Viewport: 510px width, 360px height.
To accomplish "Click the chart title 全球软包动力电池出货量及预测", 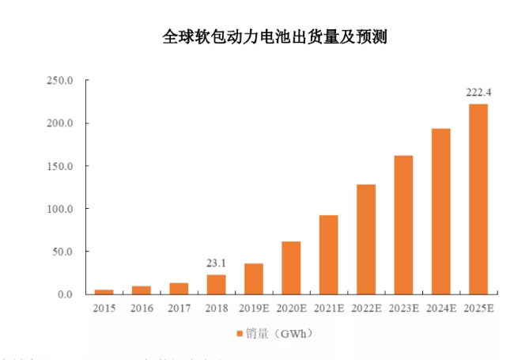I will point(274,37).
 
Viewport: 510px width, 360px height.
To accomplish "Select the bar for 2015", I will point(104,292).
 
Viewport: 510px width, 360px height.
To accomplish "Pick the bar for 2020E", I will point(291,268).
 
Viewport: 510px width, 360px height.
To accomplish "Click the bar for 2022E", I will point(366,240).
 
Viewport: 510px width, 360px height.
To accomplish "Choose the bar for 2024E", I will point(441,211).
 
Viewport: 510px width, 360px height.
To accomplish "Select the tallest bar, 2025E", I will point(478,199).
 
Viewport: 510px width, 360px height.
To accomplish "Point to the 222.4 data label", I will point(478,93).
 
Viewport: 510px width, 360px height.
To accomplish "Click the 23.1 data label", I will point(216,263).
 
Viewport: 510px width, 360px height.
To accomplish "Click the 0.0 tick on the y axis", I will point(66,294).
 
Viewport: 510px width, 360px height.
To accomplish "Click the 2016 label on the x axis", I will point(141,309).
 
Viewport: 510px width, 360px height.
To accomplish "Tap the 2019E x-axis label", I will point(253,309).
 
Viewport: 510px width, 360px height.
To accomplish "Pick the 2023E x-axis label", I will point(403,309).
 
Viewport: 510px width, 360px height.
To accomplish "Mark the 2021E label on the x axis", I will point(328,309).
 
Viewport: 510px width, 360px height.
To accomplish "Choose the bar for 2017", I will point(179,289).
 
